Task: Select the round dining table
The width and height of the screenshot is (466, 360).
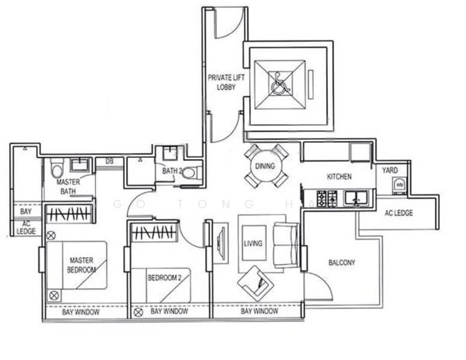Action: [x=265, y=166]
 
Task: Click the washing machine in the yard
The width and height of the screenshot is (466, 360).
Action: [x=399, y=186]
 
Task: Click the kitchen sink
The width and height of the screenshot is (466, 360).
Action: [x=356, y=198]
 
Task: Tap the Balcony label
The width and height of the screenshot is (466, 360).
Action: [x=342, y=262]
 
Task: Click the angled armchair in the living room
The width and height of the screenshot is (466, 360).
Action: [x=256, y=283]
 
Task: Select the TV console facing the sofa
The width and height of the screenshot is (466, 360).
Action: [x=221, y=243]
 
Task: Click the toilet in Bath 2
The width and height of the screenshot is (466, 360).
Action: [x=189, y=173]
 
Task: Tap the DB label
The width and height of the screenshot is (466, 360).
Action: [x=110, y=161]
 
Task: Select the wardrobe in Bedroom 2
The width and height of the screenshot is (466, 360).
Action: [x=154, y=232]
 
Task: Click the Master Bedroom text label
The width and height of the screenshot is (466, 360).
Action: [x=81, y=265]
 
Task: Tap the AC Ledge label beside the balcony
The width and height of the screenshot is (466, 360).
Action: [x=399, y=212]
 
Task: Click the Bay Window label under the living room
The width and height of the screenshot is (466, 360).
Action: [x=259, y=311]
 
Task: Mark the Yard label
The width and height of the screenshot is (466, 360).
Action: [x=390, y=170]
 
